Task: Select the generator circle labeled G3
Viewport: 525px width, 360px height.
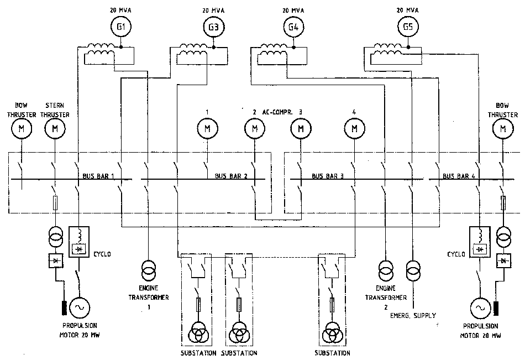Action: pos(214,27)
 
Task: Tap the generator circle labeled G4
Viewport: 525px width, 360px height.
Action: pos(293,27)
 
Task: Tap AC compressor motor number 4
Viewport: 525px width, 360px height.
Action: pos(354,129)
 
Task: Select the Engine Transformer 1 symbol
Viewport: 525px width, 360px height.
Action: pos(148,270)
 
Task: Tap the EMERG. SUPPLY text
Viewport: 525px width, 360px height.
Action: pos(412,315)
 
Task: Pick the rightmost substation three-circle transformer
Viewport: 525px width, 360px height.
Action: pos(332,332)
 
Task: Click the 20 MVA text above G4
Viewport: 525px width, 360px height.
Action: pos(293,10)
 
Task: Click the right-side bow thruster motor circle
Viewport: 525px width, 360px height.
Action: pos(502,129)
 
